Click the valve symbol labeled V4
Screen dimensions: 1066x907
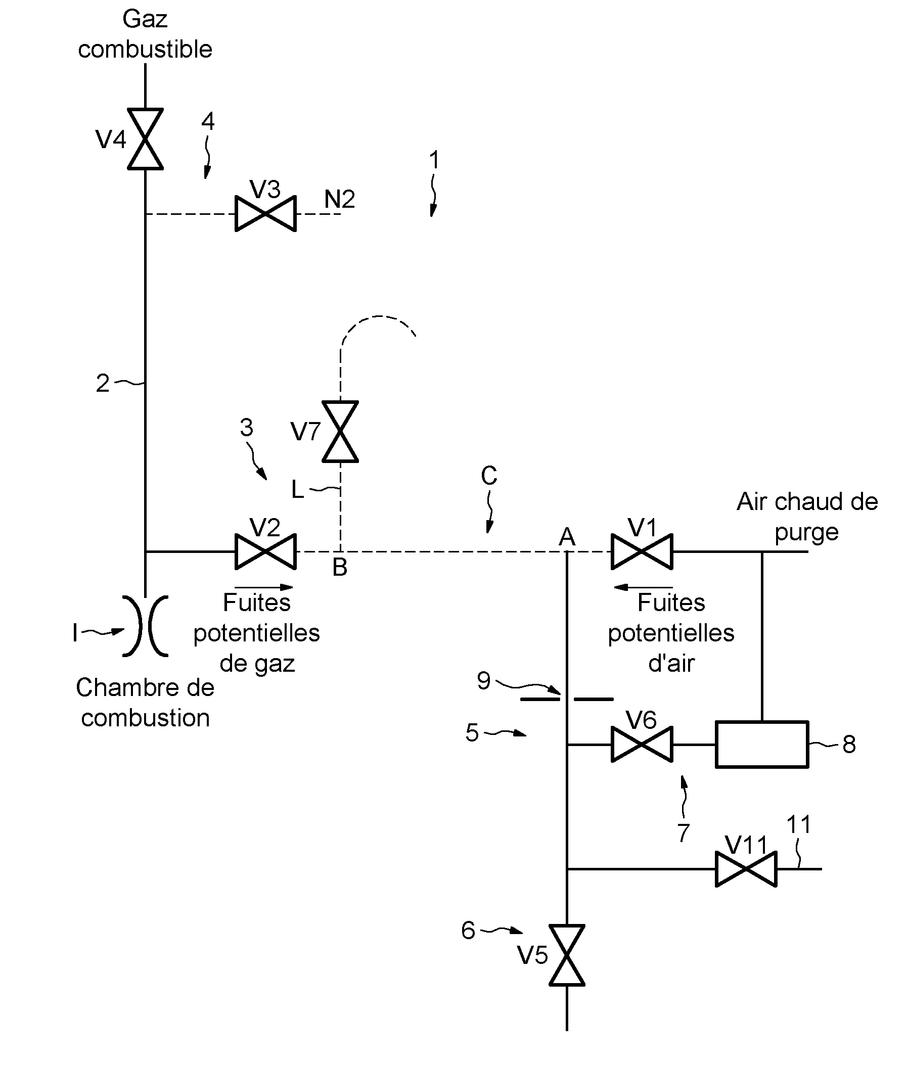(x=146, y=139)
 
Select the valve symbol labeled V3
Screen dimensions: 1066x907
(x=265, y=214)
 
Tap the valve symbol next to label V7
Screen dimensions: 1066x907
(x=340, y=432)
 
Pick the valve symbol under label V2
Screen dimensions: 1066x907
(x=265, y=551)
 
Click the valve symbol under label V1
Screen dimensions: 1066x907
(x=642, y=551)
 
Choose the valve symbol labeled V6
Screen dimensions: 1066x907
(x=642, y=744)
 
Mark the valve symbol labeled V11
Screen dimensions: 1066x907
(x=746, y=869)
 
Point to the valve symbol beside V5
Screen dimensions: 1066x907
(x=567, y=955)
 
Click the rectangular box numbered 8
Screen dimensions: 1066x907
(x=761, y=744)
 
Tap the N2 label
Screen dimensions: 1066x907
(x=339, y=200)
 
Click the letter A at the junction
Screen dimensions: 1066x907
(x=567, y=537)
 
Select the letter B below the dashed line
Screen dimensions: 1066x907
(x=340, y=568)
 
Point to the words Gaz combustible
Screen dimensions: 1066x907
(x=145, y=34)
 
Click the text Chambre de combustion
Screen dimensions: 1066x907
(x=145, y=703)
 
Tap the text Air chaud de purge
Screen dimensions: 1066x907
(x=807, y=517)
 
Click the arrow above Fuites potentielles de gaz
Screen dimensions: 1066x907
(x=264, y=587)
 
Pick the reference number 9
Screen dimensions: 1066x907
(x=483, y=681)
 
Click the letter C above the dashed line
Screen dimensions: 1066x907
(x=489, y=476)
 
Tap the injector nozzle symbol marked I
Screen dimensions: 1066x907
(x=146, y=626)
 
